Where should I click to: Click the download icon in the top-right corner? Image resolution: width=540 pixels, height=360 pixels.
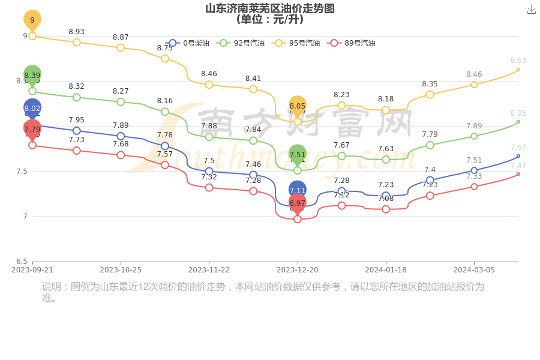click(531, 10)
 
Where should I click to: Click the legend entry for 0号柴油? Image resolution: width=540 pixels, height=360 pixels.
click(188, 43)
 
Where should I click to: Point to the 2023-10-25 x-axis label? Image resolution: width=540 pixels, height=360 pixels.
click(121, 270)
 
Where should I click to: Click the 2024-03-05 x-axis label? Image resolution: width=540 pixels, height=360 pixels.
click(474, 270)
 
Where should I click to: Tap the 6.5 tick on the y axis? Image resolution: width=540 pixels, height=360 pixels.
click(21, 262)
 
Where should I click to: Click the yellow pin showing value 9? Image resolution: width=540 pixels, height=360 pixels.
click(32, 20)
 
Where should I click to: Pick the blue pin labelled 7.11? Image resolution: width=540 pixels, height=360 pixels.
click(298, 190)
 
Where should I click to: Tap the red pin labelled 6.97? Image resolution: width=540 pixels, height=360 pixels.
click(298, 203)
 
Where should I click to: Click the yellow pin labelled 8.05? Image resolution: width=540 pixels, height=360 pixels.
click(298, 106)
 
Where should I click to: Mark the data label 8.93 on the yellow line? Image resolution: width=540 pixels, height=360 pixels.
click(76, 32)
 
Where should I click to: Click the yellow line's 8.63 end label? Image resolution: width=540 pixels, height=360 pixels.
click(518, 61)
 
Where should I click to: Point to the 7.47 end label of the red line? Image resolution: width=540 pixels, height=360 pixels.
click(518, 166)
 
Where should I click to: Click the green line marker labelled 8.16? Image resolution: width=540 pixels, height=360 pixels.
click(165, 112)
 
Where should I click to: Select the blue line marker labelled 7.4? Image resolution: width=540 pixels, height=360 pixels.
click(430, 180)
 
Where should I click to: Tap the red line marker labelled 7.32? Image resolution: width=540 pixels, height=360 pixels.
click(209, 188)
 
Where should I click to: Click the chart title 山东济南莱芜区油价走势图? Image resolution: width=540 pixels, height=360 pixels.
click(270, 8)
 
